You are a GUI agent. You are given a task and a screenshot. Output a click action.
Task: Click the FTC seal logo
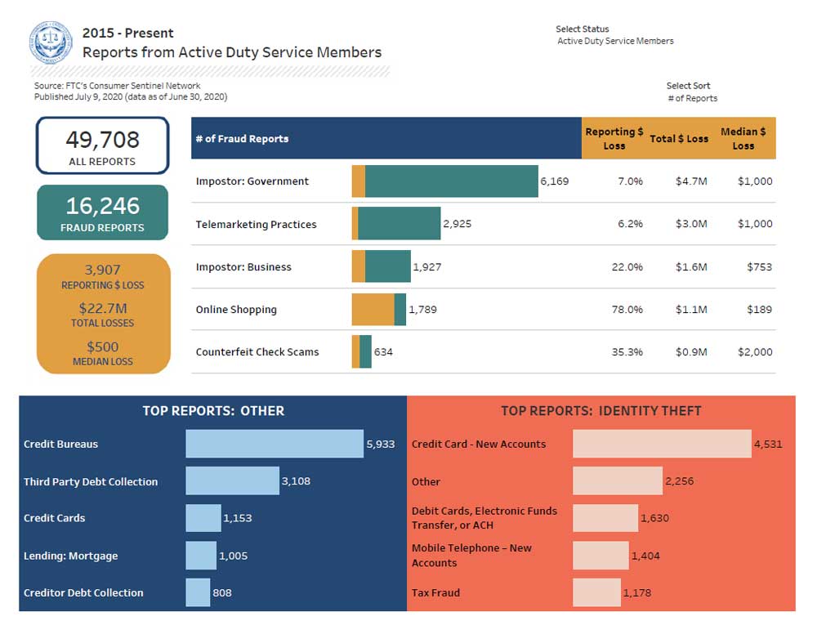pyautogui.click(x=51, y=43)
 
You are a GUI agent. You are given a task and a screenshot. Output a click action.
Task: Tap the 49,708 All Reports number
pyautogui.click(x=102, y=140)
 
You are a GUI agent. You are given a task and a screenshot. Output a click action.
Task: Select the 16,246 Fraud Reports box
pyautogui.click(x=102, y=212)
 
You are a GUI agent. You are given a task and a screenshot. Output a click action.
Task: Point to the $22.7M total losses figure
pyautogui.click(x=102, y=308)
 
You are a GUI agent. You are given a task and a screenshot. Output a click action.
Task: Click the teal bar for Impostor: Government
pyautogui.click(x=451, y=181)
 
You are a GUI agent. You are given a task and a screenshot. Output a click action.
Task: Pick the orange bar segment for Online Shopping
pyautogui.click(x=373, y=310)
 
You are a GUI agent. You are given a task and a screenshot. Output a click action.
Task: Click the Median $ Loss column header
pyautogui.click(x=743, y=138)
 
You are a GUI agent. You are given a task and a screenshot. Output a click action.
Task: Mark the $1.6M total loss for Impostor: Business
pyautogui.click(x=690, y=267)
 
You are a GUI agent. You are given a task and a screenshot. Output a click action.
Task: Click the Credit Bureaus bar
pyautogui.click(x=275, y=444)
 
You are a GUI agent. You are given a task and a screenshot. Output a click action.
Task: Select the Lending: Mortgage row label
pyautogui.click(x=71, y=556)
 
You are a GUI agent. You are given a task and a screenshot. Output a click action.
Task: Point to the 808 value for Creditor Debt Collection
pyautogui.click(x=222, y=592)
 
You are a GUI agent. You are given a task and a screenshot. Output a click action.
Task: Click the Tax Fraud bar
pyautogui.click(x=596, y=592)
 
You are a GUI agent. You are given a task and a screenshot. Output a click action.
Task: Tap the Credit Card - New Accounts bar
pyautogui.click(x=662, y=444)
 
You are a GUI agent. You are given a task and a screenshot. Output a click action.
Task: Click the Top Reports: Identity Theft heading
pyautogui.click(x=600, y=411)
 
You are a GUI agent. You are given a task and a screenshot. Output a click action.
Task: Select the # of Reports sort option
pyautogui.click(x=692, y=98)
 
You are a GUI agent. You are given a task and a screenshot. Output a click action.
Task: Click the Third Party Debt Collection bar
pyautogui.click(x=232, y=481)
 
